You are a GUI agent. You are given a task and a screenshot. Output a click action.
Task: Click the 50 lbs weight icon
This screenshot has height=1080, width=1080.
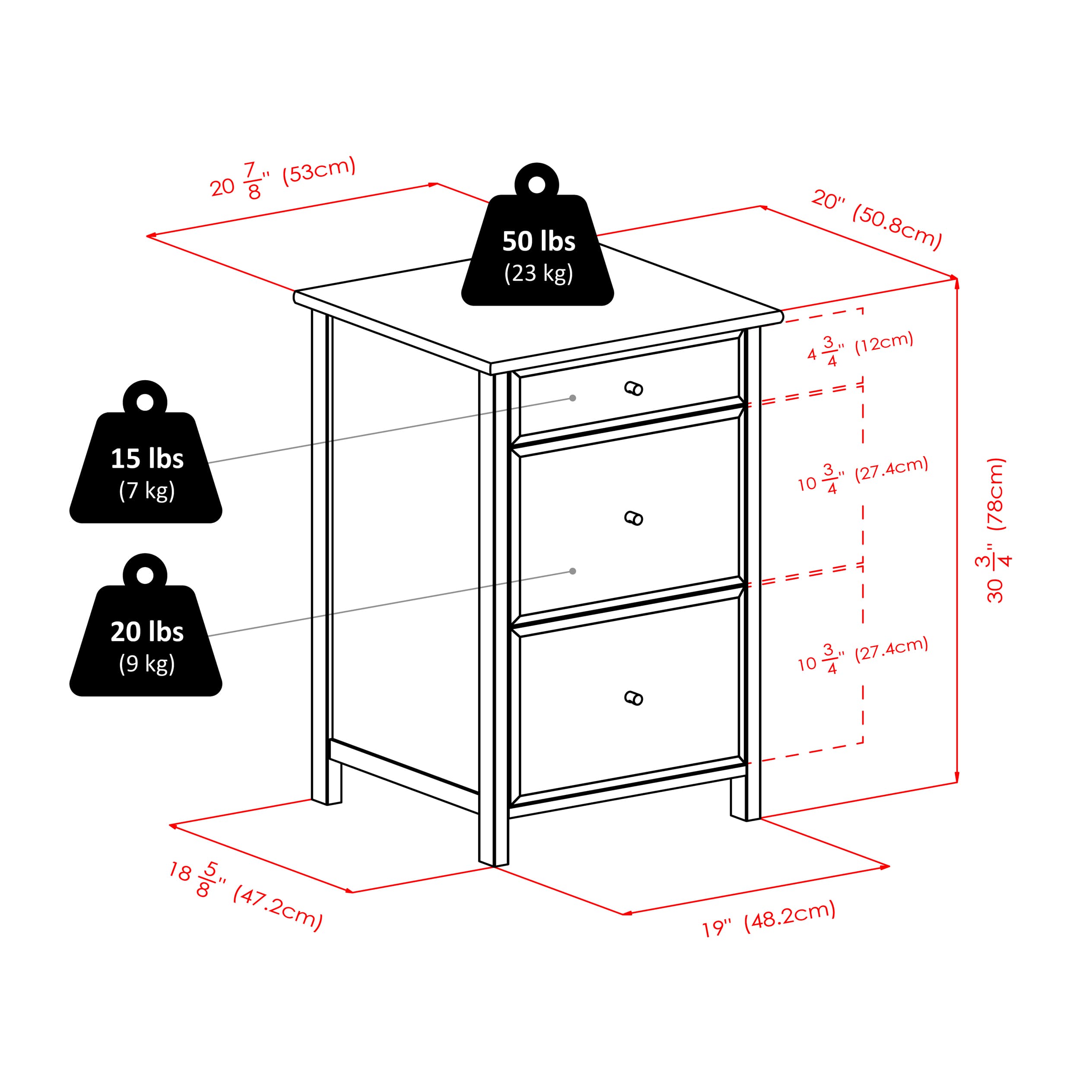(x=537, y=234)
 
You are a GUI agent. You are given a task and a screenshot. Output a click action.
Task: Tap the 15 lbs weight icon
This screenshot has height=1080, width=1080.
(x=145, y=452)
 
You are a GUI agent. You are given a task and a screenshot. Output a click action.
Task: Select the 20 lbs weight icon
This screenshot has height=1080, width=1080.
(x=145, y=625)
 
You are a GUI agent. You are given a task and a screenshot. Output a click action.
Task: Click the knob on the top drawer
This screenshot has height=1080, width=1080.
(x=633, y=388)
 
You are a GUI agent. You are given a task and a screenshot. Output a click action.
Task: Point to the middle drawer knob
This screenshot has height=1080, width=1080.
(x=633, y=518)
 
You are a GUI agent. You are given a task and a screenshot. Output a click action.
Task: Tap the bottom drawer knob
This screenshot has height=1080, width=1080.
(x=633, y=698)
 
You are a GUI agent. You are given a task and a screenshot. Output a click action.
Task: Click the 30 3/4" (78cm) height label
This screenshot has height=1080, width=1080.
(x=996, y=530)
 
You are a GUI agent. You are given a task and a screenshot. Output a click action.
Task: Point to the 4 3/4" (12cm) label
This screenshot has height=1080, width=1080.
(x=860, y=349)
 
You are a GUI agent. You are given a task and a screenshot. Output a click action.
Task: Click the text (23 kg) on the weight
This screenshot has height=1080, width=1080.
(x=538, y=273)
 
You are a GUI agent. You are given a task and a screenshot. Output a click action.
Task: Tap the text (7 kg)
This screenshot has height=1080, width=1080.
(x=147, y=491)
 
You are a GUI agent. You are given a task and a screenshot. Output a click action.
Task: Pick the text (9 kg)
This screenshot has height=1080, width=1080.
(x=147, y=664)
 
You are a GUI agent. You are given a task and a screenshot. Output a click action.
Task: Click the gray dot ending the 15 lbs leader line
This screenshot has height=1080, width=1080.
(x=572, y=398)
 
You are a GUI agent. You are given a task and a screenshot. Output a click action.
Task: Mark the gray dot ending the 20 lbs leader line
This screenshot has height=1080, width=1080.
(x=572, y=571)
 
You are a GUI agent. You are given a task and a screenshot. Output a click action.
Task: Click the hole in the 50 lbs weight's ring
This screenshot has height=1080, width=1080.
(x=537, y=184)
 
